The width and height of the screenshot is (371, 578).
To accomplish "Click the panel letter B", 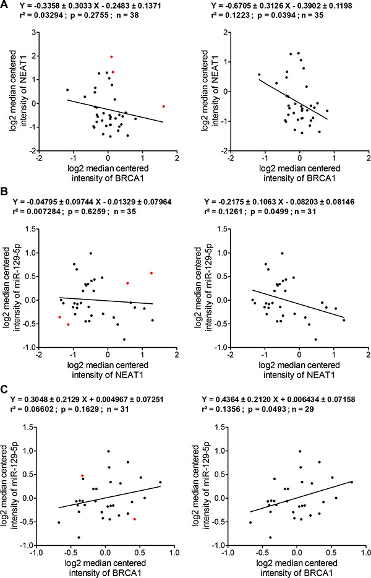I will (x=5, y=201).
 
